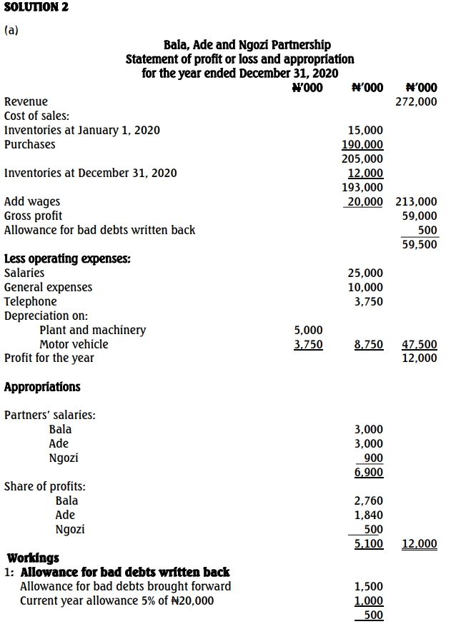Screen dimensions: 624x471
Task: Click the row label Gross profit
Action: click(x=33, y=216)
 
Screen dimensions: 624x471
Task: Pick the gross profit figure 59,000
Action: click(x=420, y=216)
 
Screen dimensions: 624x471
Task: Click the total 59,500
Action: click(x=420, y=244)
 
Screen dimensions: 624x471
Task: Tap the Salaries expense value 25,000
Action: click(x=365, y=273)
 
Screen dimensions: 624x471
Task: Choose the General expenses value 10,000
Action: click(x=365, y=287)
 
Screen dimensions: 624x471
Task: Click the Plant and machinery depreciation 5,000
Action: click(x=309, y=330)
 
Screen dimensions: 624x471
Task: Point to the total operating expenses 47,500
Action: click(x=420, y=344)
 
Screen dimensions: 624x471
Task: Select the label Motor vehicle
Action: click(x=74, y=344)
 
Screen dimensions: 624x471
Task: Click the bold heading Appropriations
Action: click(x=42, y=387)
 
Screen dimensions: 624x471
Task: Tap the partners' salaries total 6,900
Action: click(x=369, y=473)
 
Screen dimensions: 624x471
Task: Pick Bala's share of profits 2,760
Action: click(x=369, y=500)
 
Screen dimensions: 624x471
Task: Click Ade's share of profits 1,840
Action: click(x=369, y=515)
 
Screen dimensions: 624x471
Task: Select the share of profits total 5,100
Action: click(x=369, y=544)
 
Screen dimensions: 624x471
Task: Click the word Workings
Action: click(x=33, y=558)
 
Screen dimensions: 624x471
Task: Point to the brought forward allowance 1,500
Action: click(x=369, y=586)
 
